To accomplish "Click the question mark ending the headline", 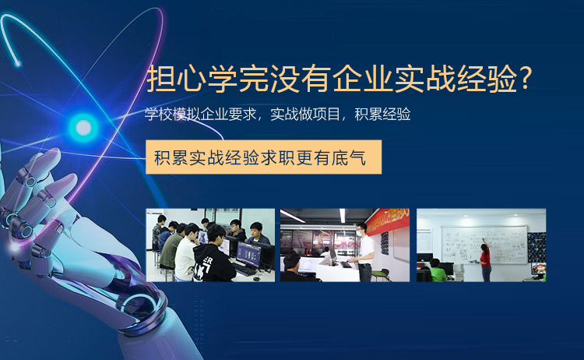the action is [x=526, y=78].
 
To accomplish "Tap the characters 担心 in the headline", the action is [x=177, y=78].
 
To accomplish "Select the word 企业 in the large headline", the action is [x=363, y=78].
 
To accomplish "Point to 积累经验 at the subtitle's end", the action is [x=382, y=114].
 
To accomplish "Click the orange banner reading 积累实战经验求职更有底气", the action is [x=263, y=157].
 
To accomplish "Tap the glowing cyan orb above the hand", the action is [x=83, y=128].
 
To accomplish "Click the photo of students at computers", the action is [x=210, y=245].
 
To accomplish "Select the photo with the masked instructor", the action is [x=345, y=245].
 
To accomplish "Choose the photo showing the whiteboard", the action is [x=481, y=245].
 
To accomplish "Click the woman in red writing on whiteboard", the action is [x=484, y=261].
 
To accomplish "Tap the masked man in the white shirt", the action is [x=364, y=252].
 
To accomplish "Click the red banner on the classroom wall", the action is [x=386, y=220].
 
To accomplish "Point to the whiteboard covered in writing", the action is [x=484, y=244].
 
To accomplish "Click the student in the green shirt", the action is [x=438, y=270].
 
